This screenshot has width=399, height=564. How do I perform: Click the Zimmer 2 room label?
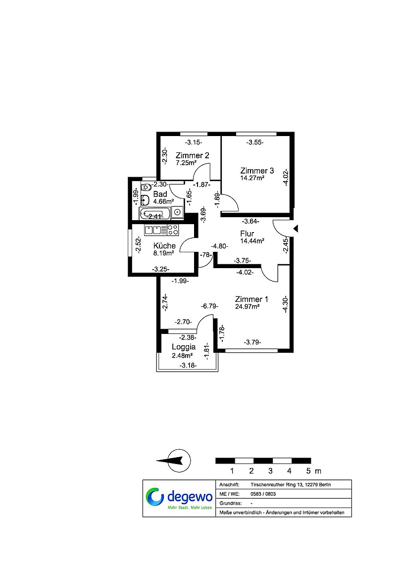192,155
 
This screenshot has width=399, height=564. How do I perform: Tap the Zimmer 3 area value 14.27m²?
252,178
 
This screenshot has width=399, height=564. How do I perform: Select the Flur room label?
247,234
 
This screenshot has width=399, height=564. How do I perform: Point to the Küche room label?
164,246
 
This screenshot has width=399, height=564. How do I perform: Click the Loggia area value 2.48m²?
182,356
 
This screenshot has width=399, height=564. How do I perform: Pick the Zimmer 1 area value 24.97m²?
247,307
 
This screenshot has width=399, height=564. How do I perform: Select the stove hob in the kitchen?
173,230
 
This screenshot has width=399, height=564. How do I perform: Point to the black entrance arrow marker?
296,229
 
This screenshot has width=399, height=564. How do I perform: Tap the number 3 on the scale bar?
270,471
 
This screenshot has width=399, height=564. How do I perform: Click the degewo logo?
179,498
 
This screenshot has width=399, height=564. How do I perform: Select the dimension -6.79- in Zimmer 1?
209,306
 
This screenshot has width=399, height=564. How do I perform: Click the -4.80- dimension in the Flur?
219,246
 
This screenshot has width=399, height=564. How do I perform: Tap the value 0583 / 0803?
263,494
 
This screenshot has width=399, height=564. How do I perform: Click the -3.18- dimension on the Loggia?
188,366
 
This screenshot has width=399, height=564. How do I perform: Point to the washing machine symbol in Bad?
178,212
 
